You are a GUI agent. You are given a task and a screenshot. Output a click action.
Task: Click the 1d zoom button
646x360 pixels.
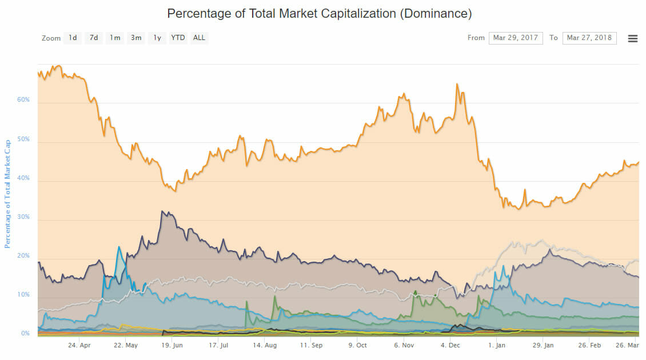pyautogui.click(x=73, y=38)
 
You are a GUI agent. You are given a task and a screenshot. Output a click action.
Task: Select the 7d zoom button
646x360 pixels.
pyautogui.click(x=94, y=38)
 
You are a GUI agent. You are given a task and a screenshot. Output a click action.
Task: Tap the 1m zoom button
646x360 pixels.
pyautogui.click(x=115, y=38)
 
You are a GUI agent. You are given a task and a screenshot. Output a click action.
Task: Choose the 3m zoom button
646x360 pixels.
pyautogui.click(x=136, y=38)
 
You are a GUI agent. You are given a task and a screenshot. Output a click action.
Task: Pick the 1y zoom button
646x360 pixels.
pyautogui.click(x=157, y=38)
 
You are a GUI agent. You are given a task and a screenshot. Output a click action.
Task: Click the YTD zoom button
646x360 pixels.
pyautogui.click(x=178, y=38)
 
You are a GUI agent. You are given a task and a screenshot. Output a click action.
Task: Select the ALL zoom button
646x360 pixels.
pyautogui.click(x=199, y=38)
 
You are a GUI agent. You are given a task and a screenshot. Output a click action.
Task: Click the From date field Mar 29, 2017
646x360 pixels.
pyautogui.click(x=516, y=38)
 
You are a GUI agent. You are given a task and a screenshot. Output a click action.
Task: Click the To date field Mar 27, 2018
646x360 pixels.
pyautogui.click(x=589, y=38)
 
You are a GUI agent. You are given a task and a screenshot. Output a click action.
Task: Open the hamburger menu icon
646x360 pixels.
pyautogui.click(x=633, y=38)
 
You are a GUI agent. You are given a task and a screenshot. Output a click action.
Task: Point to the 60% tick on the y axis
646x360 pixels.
pyautogui.click(x=23, y=100)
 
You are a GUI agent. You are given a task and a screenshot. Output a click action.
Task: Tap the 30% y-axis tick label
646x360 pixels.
pyautogui.click(x=23, y=217)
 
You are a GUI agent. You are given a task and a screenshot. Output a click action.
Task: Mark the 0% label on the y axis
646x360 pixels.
pyautogui.click(x=25, y=334)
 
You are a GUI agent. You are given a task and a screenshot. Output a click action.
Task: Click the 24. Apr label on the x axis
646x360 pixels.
pyautogui.click(x=79, y=346)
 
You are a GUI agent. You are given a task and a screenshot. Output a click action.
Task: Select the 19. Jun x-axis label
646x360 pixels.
pyautogui.click(x=172, y=346)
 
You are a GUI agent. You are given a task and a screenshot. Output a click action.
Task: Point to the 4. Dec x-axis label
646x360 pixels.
pyautogui.click(x=450, y=346)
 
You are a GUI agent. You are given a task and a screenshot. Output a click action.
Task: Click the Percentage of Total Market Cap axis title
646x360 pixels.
pyautogui.click(x=7, y=194)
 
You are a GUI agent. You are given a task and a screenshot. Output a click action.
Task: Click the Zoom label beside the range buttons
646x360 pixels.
pyautogui.click(x=51, y=38)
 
